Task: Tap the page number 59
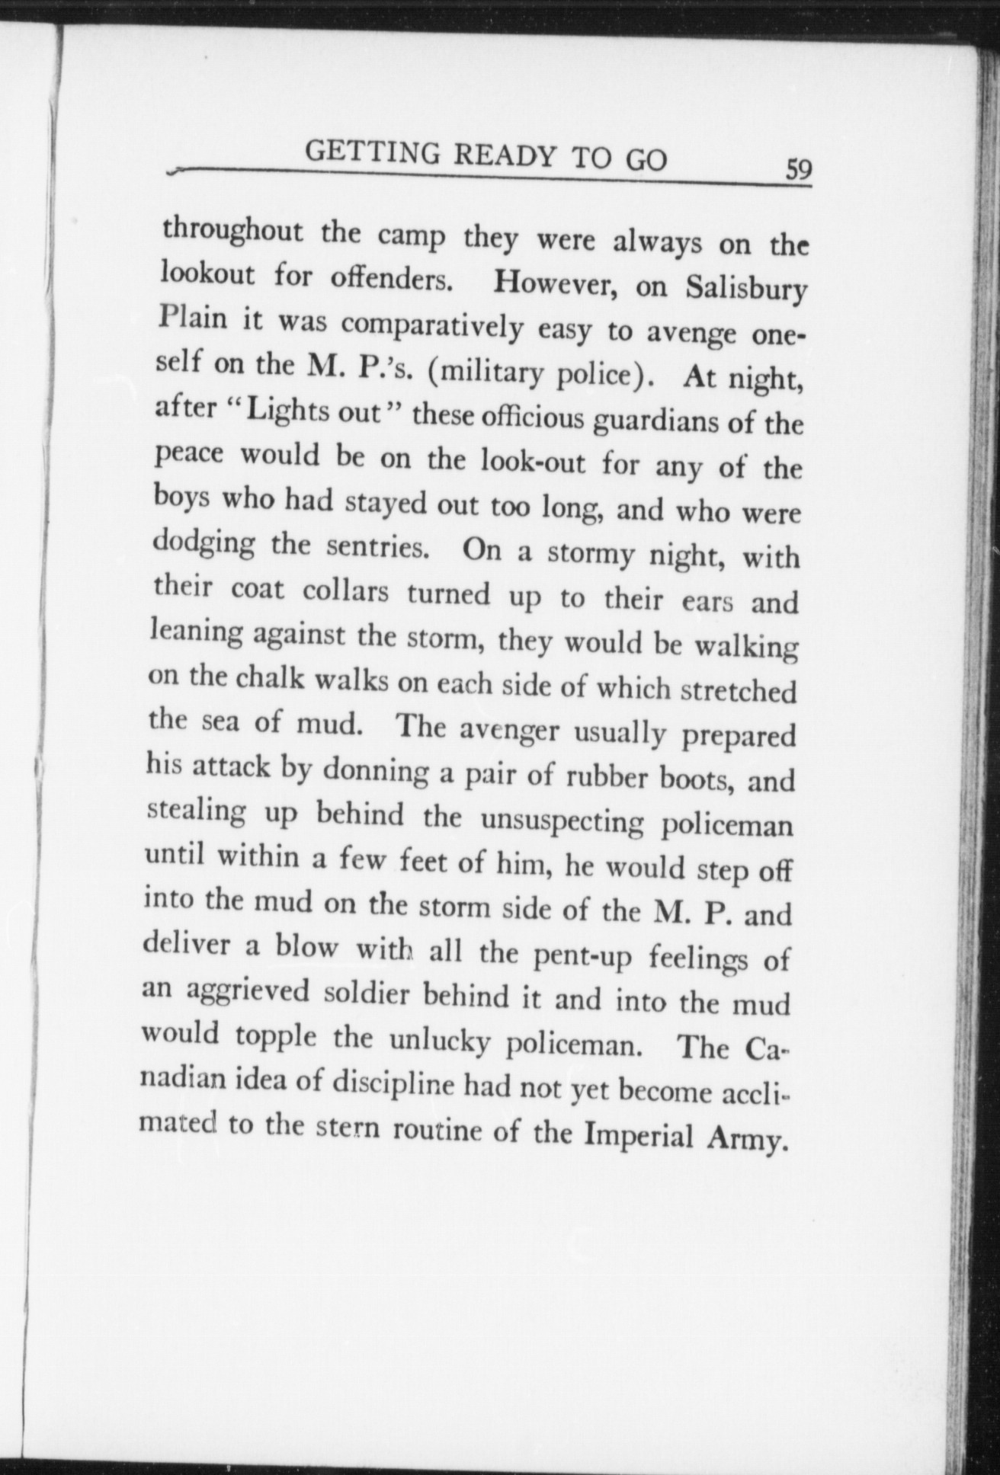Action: (x=798, y=168)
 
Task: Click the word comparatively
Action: (x=431, y=325)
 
